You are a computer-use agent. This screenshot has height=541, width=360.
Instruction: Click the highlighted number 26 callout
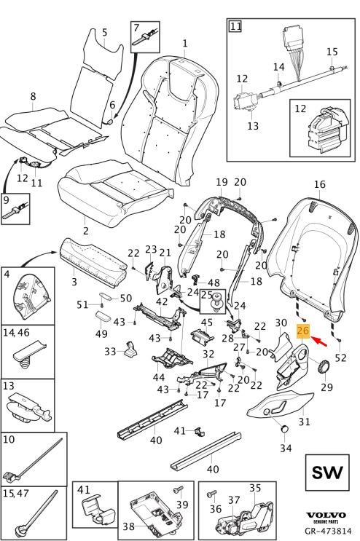[x=302, y=331]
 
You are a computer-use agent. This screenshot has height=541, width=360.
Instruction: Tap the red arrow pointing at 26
[x=319, y=341]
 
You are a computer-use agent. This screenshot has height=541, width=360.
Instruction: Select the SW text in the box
[x=327, y=473]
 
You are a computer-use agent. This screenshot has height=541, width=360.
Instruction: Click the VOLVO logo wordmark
[x=326, y=516]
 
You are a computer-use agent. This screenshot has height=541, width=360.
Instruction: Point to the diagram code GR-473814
[x=328, y=531]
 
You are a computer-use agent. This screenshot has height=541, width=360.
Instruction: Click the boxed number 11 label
[x=235, y=26]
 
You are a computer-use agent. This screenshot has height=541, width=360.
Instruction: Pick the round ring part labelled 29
[x=323, y=366]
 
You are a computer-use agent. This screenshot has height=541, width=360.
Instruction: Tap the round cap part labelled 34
[x=285, y=429]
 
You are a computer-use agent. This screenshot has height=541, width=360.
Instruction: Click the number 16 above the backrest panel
[x=320, y=184]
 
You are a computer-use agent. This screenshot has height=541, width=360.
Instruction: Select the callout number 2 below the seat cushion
[x=85, y=230]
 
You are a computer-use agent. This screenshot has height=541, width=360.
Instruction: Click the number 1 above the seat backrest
[x=185, y=43]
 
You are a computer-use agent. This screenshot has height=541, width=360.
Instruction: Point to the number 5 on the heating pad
[x=105, y=33]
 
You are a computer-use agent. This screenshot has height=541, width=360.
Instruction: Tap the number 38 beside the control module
[x=129, y=526]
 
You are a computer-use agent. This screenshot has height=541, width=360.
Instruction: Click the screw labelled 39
[x=179, y=490]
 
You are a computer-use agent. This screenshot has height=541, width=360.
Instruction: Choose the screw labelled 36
[x=212, y=495]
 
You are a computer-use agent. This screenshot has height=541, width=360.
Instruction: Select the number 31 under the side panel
[x=305, y=422]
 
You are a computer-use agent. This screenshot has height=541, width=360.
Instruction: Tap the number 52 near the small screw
[x=340, y=358]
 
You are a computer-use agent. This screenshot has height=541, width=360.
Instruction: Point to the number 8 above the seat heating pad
[x=33, y=96]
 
